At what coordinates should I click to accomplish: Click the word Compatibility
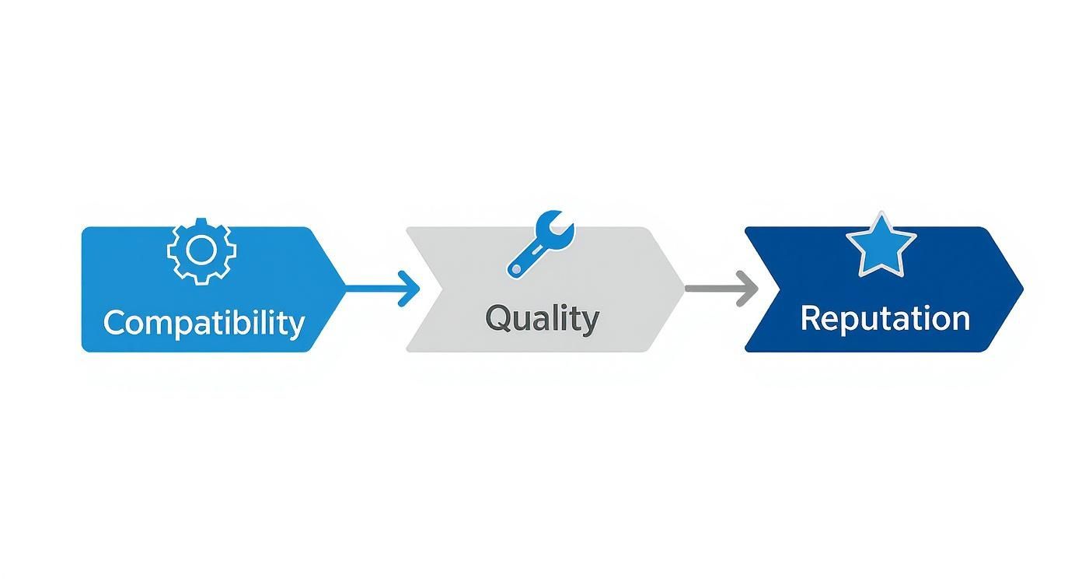tap(204, 322)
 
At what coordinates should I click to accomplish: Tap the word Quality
tap(542, 318)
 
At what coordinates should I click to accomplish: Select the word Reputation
tap(885, 318)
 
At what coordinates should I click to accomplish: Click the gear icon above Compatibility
tap(202, 250)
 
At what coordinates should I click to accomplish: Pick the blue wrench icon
tap(540, 243)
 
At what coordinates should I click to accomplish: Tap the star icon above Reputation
tap(881, 247)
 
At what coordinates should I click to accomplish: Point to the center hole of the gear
tap(202, 250)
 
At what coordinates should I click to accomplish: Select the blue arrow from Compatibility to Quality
tap(381, 289)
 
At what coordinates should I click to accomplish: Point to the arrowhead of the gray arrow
tap(749, 289)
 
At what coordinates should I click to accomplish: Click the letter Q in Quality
tap(498, 317)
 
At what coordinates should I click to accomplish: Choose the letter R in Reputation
tap(810, 318)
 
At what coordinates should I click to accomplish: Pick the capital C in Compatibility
tap(114, 322)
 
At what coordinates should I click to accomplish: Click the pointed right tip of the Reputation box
tap(1021, 289)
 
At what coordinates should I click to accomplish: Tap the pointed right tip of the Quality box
tap(682, 289)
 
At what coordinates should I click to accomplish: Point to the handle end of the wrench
tap(515, 270)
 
